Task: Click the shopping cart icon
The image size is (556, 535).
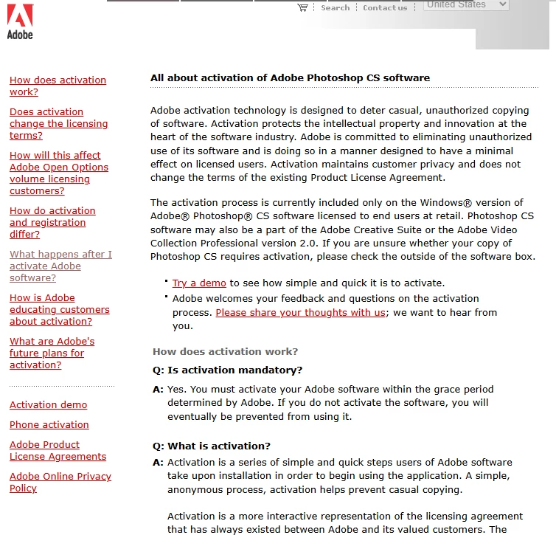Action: tap(302, 7)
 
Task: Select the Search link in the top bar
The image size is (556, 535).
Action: tap(335, 7)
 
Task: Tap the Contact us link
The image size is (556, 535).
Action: tap(385, 7)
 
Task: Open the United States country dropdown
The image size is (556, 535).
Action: tap(466, 4)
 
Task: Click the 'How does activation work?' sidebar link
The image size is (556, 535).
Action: tap(58, 86)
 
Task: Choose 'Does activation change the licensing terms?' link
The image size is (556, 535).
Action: tap(58, 124)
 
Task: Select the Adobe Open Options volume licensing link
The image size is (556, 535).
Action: tap(59, 173)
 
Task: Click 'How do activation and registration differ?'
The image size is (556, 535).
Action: tap(52, 223)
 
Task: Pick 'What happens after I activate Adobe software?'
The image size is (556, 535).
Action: tap(60, 266)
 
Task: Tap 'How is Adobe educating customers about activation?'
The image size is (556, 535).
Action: tap(59, 310)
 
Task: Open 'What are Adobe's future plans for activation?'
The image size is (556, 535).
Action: tap(52, 353)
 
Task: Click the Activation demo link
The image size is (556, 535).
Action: tap(48, 405)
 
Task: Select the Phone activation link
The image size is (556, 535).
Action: tap(49, 425)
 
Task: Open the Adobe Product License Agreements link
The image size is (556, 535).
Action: tap(58, 451)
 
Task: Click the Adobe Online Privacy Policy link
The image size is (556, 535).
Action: tap(60, 483)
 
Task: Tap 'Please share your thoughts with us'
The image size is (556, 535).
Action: tap(300, 312)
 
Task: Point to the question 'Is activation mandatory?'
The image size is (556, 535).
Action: tap(234, 370)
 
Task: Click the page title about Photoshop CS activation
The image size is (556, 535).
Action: tap(290, 77)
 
